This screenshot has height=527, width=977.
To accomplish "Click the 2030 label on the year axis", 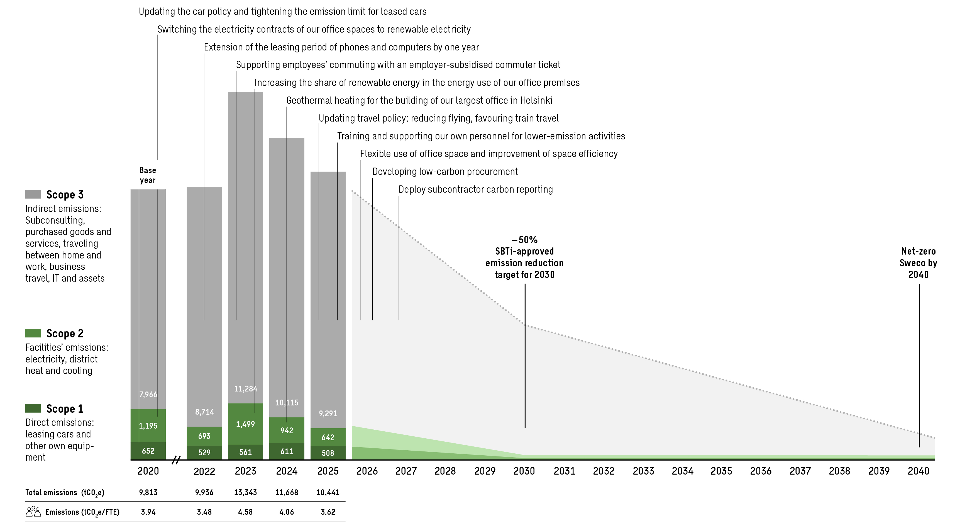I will tap(524, 471).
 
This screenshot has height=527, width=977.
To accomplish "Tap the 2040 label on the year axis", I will tap(918, 471).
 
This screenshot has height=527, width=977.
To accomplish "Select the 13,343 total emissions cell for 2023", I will tap(245, 492).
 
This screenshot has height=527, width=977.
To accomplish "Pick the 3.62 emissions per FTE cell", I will tap(328, 512).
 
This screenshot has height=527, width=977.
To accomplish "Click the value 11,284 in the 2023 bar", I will tap(245, 389).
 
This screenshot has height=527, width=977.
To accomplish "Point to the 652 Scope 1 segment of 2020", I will tap(148, 451).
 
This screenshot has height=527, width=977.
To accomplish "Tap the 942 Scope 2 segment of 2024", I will tap(287, 430).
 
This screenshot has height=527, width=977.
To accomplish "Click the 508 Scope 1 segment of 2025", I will tap(328, 453).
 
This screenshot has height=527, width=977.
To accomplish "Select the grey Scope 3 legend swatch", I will tap(33, 194).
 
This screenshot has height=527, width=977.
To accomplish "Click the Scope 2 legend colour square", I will tap(33, 333).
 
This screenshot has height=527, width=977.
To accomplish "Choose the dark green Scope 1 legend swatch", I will tap(33, 408).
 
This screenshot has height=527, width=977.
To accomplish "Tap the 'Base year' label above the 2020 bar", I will tap(148, 175).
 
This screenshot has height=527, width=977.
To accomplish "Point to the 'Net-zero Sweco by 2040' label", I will tap(918, 263).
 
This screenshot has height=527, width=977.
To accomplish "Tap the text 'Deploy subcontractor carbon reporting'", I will tap(475, 189).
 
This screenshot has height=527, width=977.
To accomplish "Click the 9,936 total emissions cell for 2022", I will tap(204, 492).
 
